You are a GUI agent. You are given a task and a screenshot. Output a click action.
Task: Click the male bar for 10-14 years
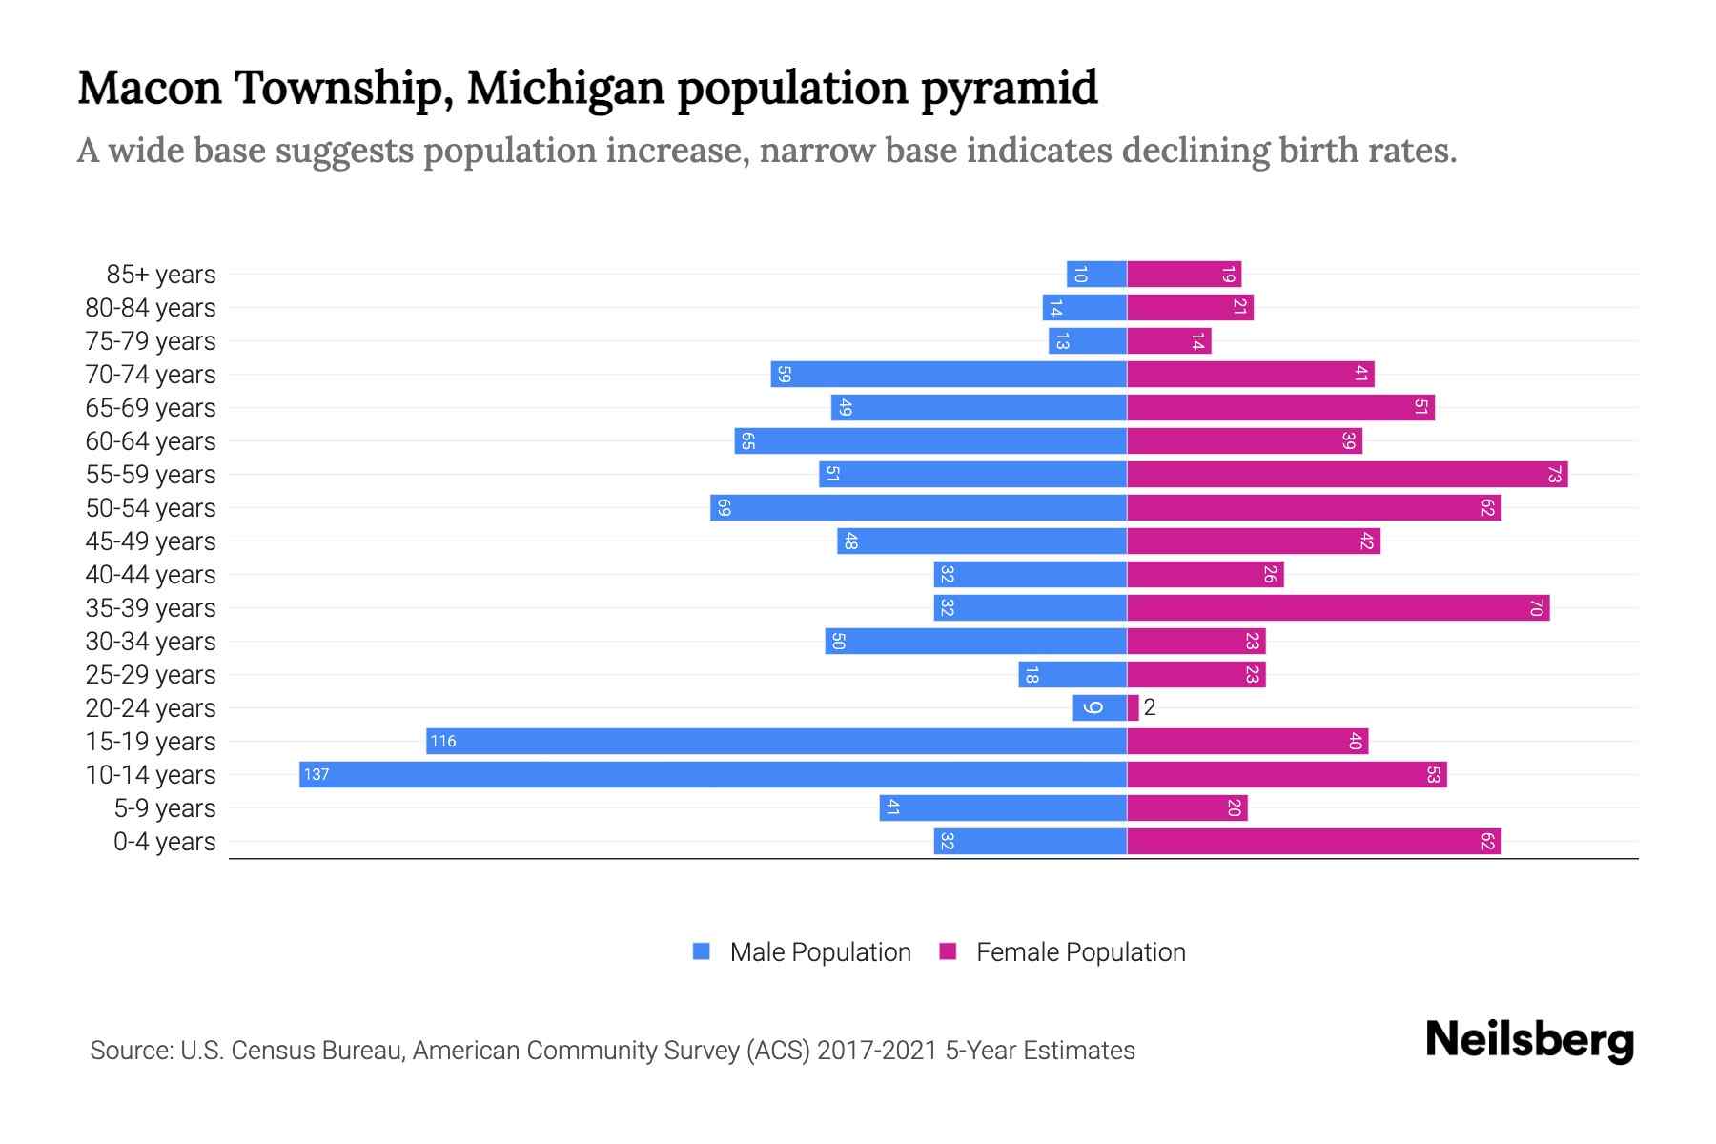[x=713, y=774]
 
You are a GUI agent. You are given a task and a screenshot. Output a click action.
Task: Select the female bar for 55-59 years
[x=1346, y=474]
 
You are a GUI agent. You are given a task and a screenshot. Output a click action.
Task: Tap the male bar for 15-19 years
[x=776, y=741]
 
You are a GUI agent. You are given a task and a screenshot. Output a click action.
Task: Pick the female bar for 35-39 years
[x=1338, y=607]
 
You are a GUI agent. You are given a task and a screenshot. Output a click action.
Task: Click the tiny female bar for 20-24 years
[x=1133, y=707]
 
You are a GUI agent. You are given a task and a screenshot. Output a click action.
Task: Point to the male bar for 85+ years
[x=1096, y=275]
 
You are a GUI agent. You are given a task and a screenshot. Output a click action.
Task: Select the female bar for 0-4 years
[x=1314, y=841]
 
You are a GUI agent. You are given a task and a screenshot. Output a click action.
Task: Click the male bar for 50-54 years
[x=918, y=507]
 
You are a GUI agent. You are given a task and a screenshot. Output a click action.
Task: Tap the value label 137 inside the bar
[x=317, y=774]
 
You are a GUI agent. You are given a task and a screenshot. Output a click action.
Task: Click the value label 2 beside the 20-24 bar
[x=1150, y=707]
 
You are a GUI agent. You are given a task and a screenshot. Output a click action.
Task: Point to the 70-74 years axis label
[x=151, y=375]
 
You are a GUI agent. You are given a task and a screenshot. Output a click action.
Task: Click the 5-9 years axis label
[x=164, y=808]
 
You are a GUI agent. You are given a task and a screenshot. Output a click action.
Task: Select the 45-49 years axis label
[x=151, y=541]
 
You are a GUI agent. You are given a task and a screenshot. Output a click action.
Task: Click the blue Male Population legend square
[x=702, y=951]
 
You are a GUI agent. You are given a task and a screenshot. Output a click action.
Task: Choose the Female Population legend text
[x=1080, y=952]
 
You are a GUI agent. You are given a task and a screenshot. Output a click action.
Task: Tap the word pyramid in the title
[x=1010, y=88]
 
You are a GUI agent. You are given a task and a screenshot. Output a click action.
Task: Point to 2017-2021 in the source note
[x=877, y=1051]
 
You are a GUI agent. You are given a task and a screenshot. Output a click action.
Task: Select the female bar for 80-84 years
[x=1190, y=307]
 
